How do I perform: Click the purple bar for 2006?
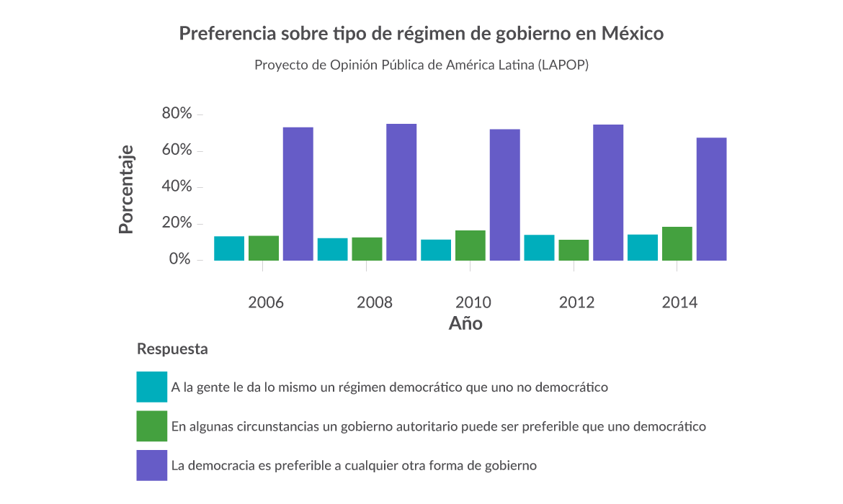(298, 194)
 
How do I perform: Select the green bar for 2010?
(470, 246)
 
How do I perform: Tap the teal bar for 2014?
(642, 248)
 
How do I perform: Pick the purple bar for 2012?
(608, 192)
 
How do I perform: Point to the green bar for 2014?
(677, 243)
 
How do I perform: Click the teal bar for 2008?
(332, 249)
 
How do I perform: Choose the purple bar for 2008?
(401, 192)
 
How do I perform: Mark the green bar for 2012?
(574, 250)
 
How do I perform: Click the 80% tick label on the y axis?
(177, 114)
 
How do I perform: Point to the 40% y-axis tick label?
(177, 186)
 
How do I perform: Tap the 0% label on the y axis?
(180, 259)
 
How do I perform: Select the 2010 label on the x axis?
(473, 302)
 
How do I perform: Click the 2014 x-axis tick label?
(679, 302)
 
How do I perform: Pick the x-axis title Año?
(465, 323)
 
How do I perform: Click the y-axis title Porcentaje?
(126, 189)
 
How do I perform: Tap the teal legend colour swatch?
(151, 387)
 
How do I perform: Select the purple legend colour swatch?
(151, 465)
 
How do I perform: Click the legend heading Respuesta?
(172, 349)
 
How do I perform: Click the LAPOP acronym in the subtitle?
(563, 65)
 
